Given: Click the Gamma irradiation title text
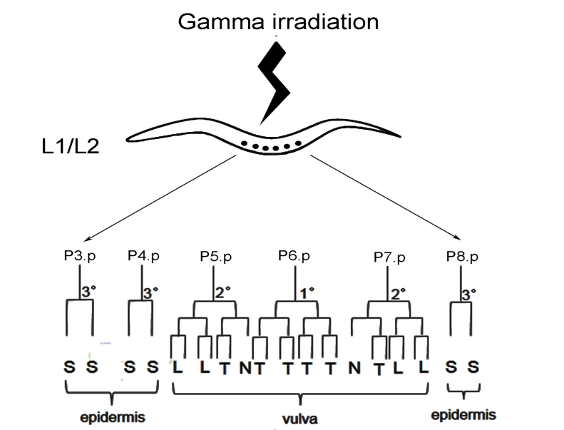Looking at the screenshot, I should point(277,21).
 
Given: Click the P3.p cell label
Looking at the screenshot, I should point(78,255).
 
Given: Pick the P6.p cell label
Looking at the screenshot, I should point(294,255).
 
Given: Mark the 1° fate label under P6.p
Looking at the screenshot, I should point(306,292).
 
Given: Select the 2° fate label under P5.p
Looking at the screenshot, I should point(223,292).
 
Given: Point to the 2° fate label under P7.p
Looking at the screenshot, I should point(397,292).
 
